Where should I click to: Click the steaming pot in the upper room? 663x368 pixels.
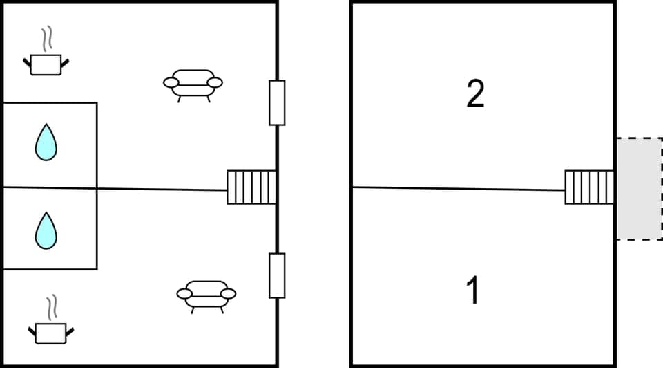pyautogui.click(x=46, y=64)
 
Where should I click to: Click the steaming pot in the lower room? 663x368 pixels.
pyautogui.click(x=50, y=333)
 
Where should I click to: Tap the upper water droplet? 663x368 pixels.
pyautogui.click(x=46, y=142)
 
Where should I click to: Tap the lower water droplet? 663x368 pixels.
pyautogui.click(x=46, y=230)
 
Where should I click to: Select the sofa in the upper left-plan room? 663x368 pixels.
pyautogui.click(x=193, y=83)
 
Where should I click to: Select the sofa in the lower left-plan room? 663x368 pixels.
pyautogui.click(x=206, y=294)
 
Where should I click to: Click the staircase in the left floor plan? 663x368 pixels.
pyautogui.click(x=251, y=187)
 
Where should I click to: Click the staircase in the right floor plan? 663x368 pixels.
pyautogui.click(x=589, y=187)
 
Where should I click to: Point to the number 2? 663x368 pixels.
pyautogui.click(x=475, y=95)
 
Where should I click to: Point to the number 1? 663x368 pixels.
pyautogui.click(x=473, y=291)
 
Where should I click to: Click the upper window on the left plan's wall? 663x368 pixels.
pyautogui.click(x=277, y=102)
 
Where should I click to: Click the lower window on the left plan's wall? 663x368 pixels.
pyautogui.click(x=277, y=275)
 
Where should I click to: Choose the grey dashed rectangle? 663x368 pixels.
pyautogui.click(x=639, y=189)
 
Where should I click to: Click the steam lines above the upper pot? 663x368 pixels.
pyautogui.click(x=47, y=39)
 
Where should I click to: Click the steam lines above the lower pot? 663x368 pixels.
pyautogui.click(x=51, y=308)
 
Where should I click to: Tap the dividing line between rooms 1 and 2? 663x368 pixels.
pyautogui.click(x=456, y=188)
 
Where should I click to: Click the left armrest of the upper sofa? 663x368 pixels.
pyautogui.click(x=171, y=83)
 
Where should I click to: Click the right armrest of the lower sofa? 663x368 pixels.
pyautogui.click(x=229, y=294)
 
